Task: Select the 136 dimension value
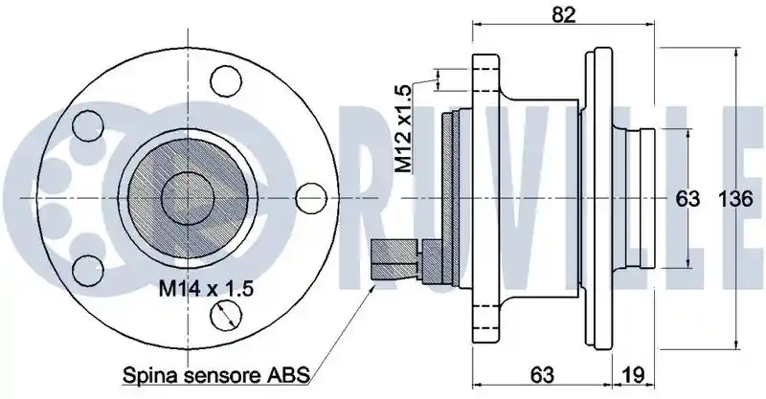pos(735,199)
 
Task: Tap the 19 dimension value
pos(633,375)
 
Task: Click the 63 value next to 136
pos(687,199)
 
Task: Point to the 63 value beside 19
pos(542,375)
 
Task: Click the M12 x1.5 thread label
pos(403,128)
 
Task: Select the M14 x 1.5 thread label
pos(206,289)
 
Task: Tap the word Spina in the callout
pos(146,376)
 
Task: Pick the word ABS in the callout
pos(289,376)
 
